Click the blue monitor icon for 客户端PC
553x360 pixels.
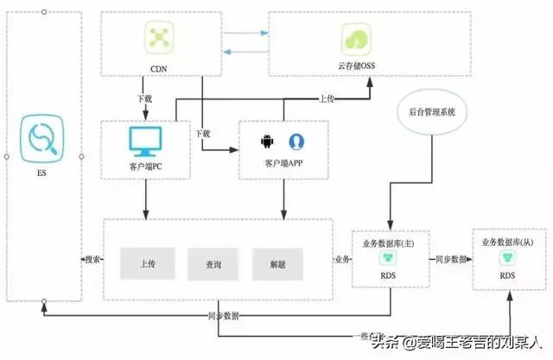(145, 141)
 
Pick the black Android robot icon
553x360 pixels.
(267, 140)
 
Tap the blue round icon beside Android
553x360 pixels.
(296, 140)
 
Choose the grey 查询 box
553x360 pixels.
(213, 264)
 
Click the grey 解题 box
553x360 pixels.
(277, 264)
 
